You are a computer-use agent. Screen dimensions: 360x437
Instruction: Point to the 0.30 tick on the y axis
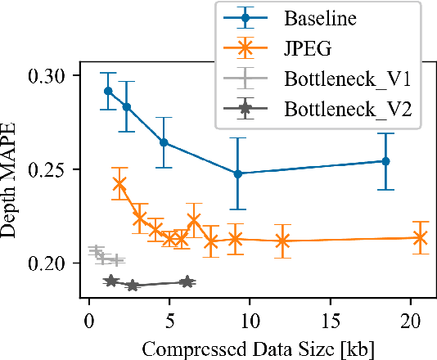[50, 75]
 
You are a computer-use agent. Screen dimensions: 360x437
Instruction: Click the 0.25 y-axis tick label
[50, 169]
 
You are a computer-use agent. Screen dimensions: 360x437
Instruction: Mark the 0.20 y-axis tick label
[50, 263]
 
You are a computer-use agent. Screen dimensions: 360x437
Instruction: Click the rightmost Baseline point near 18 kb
[385, 161]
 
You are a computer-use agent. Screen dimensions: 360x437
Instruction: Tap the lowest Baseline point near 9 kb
[237, 173]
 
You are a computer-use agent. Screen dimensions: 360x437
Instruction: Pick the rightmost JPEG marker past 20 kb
[420, 238]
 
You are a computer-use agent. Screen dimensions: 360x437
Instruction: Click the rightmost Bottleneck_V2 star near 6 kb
[187, 281]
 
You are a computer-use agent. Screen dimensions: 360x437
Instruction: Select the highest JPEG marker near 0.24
[119, 184]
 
